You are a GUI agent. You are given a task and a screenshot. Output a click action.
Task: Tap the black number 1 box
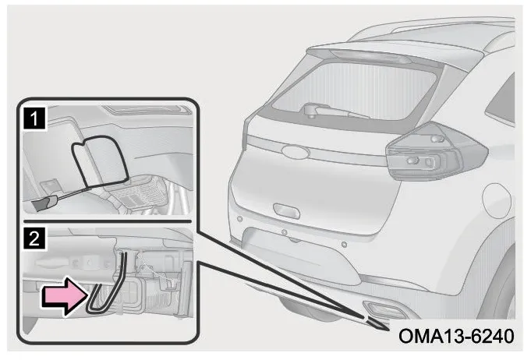[x=34, y=119]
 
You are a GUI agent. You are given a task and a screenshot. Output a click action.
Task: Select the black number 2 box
[x=34, y=238]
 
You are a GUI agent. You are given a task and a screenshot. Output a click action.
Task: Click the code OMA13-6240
[x=456, y=336]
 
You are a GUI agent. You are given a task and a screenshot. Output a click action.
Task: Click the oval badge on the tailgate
[x=296, y=151]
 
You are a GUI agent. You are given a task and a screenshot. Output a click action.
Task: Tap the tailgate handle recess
[x=286, y=210]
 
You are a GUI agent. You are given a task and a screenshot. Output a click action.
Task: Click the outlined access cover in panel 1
[x=99, y=161]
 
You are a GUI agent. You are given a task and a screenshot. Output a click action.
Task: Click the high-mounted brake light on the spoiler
[x=371, y=57]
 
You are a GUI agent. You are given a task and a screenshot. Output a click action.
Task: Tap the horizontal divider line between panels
[x=108, y=221]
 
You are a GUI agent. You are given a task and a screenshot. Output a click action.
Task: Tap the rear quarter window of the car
[x=501, y=101]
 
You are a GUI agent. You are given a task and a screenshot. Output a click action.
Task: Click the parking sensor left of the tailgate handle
[x=239, y=219]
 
